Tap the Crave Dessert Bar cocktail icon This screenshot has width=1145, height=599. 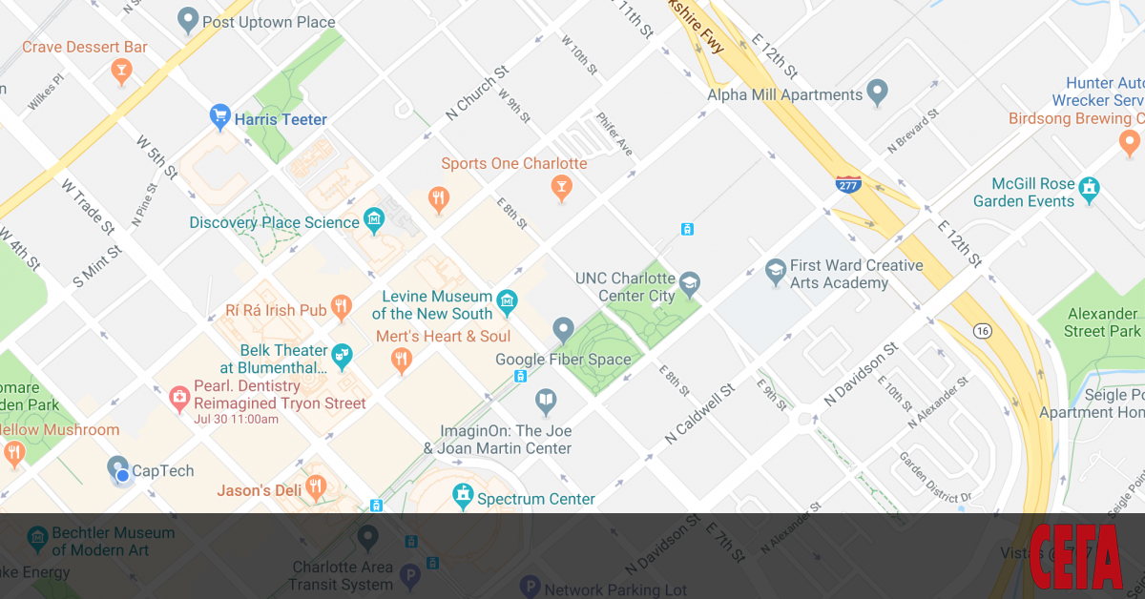click(121, 72)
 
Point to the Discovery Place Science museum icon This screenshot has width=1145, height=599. click(374, 221)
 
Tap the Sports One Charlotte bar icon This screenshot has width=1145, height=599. click(563, 188)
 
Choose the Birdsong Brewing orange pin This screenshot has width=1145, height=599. click(1130, 144)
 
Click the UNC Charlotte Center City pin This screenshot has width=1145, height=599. click(689, 283)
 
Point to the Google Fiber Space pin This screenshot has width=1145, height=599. click(563, 331)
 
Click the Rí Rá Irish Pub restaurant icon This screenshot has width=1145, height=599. click(342, 308)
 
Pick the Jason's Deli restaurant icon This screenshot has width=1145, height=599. click(316, 489)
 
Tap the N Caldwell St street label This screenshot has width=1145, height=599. click(699, 414)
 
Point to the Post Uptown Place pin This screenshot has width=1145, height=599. click(188, 19)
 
